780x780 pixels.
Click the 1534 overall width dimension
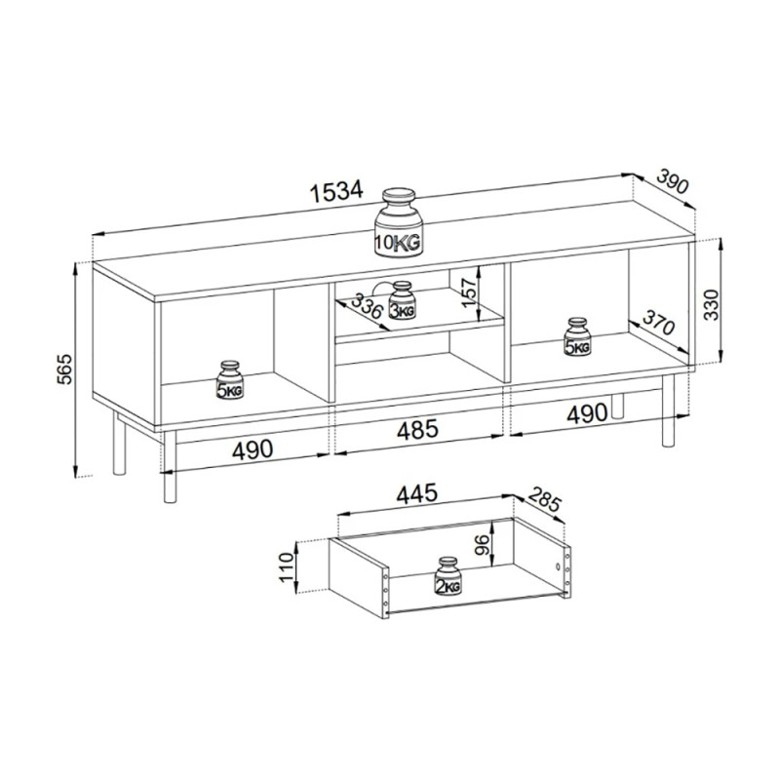(x=336, y=191)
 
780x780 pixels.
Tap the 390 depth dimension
(x=673, y=181)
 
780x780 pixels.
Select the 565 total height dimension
(x=64, y=370)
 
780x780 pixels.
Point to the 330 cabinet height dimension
(x=711, y=304)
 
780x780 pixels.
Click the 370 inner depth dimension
(x=658, y=322)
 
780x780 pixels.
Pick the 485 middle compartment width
(x=417, y=429)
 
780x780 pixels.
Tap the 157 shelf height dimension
(x=468, y=292)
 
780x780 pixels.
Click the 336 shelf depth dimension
(x=367, y=306)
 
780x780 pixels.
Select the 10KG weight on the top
(x=399, y=223)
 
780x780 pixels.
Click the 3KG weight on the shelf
(x=402, y=300)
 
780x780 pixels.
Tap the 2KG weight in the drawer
(x=448, y=575)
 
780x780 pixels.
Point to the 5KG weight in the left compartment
(x=230, y=380)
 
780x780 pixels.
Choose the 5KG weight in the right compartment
(x=577, y=336)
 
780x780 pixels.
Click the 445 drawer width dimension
(x=417, y=493)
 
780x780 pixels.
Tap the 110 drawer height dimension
(x=287, y=567)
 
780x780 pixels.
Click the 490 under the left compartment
(x=253, y=449)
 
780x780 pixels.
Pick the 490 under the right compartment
(x=588, y=413)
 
